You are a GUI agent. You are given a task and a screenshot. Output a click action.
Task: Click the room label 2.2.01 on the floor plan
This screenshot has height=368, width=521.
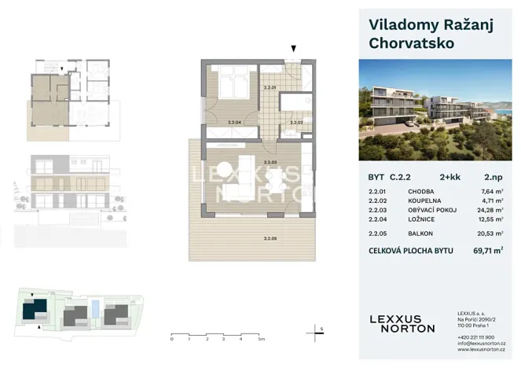click(270, 88)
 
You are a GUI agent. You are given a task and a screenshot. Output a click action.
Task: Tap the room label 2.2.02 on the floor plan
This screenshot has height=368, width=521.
click(295, 123)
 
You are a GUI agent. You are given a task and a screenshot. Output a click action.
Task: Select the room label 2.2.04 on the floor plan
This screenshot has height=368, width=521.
click(233, 123)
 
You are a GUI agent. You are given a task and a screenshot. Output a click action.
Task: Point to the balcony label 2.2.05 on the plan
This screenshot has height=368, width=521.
click(270, 238)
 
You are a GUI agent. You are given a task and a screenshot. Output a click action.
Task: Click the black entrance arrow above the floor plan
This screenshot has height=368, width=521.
click(293, 49)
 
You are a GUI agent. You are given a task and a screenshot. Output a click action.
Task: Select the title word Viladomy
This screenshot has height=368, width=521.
click(400, 24)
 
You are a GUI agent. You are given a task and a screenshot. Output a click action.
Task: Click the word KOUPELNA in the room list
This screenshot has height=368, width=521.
click(424, 200)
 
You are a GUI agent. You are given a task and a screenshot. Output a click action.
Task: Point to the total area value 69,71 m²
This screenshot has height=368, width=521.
click(485, 251)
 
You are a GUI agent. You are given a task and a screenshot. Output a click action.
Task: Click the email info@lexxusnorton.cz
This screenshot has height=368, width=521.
click(481, 344)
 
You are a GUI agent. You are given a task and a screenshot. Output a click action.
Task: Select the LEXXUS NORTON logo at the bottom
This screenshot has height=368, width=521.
click(402, 323)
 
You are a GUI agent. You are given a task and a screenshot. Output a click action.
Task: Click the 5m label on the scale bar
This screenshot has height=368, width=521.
click(262, 339)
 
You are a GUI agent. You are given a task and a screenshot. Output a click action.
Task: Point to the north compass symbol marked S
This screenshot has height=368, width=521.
click(320, 329)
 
